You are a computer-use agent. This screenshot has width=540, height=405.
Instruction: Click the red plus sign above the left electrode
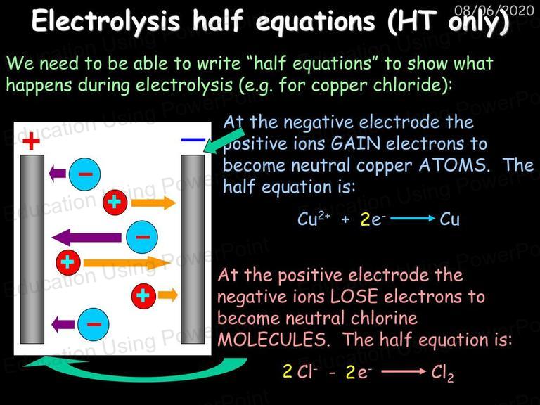tap(31, 141)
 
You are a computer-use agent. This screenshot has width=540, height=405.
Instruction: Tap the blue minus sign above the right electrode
tap(193, 140)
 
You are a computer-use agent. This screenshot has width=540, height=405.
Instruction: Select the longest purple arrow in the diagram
tap(86, 238)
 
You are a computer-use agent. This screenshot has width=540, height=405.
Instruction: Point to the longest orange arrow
tap(127, 264)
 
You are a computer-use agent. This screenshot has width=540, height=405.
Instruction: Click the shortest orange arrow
tap(168, 295)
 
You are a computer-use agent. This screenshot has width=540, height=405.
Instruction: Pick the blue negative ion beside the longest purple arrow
tap(142, 237)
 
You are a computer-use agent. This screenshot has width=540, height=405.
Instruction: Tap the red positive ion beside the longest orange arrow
tap(68, 262)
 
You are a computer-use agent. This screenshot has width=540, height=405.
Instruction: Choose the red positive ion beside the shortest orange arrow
tap(143, 296)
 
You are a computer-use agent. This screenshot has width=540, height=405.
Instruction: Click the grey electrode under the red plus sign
tap(32, 250)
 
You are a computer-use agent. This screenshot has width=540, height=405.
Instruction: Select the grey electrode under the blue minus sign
tap(193, 250)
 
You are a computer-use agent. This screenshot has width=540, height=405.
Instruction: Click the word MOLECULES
tap(271, 340)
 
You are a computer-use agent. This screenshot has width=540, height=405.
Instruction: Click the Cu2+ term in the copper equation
tap(314, 219)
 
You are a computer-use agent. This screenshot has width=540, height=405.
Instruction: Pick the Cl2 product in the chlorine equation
tap(442, 373)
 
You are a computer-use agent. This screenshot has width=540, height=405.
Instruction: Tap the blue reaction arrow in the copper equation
tap(413, 219)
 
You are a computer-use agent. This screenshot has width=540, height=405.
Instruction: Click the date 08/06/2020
tap(494, 11)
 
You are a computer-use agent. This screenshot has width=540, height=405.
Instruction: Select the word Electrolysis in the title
tap(105, 21)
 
